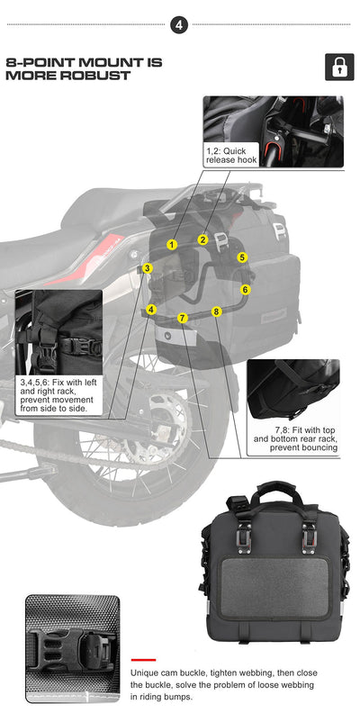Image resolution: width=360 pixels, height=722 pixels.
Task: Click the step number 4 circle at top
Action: [x=180, y=24]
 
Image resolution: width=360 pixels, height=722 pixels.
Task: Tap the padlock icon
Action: [x=339, y=68]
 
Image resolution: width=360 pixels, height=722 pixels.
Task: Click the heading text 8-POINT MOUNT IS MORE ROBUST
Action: [x=84, y=68]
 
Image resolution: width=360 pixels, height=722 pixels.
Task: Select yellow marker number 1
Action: [x=172, y=245]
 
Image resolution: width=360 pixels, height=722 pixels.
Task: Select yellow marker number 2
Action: [x=203, y=239]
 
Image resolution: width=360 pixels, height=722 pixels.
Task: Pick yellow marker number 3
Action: [x=148, y=268]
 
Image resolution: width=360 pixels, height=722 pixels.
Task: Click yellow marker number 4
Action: [x=151, y=310]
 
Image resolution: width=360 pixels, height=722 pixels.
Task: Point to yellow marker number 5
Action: [x=242, y=257]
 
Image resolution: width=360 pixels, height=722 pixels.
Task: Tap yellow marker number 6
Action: [x=245, y=290]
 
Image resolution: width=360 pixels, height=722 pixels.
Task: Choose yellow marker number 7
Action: [x=183, y=318]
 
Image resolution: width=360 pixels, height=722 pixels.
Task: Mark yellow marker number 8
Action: [x=216, y=311]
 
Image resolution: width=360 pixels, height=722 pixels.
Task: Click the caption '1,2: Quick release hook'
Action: [x=231, y=155]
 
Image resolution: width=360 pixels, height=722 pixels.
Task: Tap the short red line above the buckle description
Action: [x=144, y=660]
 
